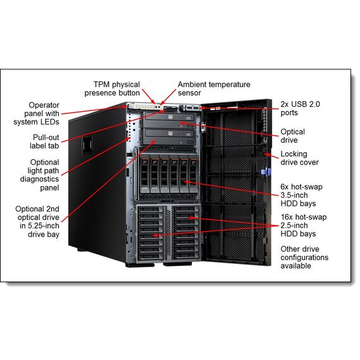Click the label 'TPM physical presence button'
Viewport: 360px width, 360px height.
click(x=112, y=88)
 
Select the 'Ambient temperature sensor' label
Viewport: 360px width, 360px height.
click(x=214, y=88)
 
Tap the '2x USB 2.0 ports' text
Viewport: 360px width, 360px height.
click(x=300, y=109)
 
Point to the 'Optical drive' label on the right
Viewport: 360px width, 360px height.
click(x=292, y=136)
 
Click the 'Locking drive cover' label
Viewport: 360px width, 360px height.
click(x=299, y=158)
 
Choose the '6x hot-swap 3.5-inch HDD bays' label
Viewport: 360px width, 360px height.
click(x=301, y=195)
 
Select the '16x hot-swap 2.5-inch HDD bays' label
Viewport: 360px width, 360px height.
click(x=304, y=225)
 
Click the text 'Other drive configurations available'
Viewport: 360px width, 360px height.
click(x=304, y=258)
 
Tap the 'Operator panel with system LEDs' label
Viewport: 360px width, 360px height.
click(x=36, y=114)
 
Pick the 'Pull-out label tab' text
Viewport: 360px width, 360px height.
click(x=44, y=141)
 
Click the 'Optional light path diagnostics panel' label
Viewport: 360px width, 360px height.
click(x=40, y=175)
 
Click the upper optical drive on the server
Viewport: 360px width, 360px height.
click(x=169, y=120)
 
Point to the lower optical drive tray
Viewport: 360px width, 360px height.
click(x=169, y=136)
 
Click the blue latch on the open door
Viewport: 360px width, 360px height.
click(x=266, y=172)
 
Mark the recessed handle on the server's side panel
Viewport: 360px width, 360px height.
click(x=87, y=145)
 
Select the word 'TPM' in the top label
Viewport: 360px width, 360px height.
click(x=102, y=85)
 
